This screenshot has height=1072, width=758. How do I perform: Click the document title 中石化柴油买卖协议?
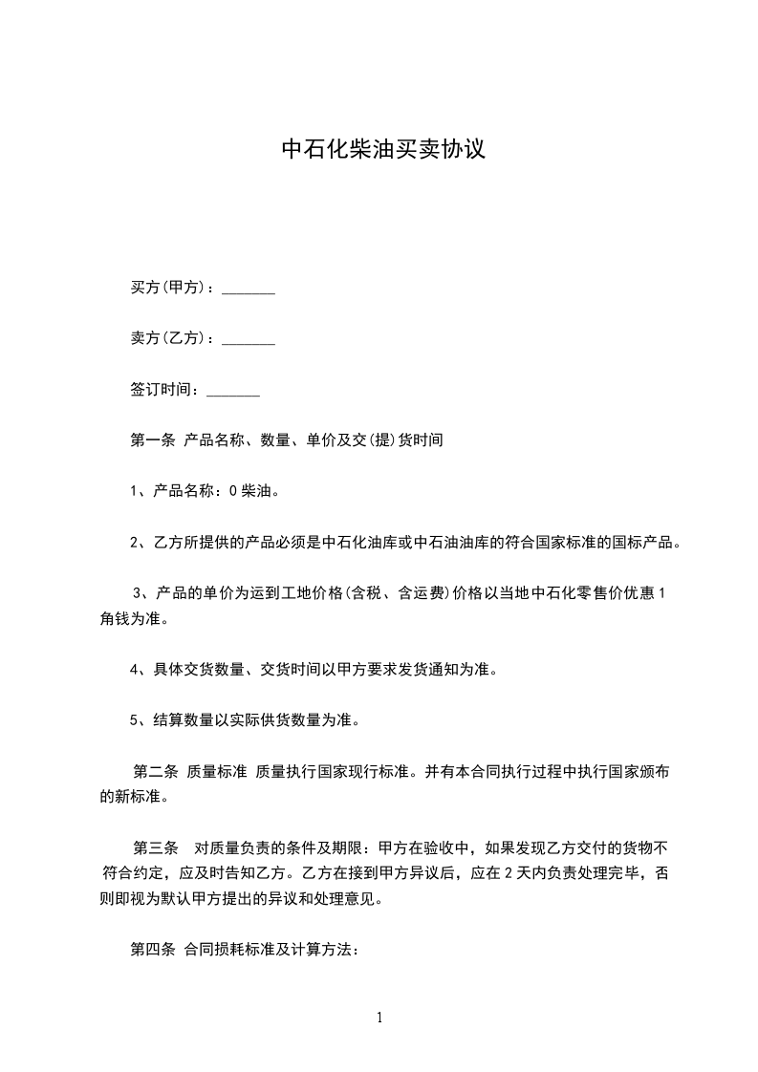(x=383, y=150)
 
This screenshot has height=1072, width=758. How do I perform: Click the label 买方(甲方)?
(x=169, y=288)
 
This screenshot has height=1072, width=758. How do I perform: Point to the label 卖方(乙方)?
(x=169, y=338)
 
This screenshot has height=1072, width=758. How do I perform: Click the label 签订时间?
(x=162, y=390)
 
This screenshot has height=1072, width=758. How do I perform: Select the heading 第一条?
(x=152, y=440)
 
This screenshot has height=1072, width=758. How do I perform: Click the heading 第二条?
(x=156, y=770)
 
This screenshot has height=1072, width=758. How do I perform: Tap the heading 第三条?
(x=156, y=847)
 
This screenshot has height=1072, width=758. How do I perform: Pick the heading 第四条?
(x=152, y=950)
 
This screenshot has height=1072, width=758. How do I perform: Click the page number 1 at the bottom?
(x=379, y=1018)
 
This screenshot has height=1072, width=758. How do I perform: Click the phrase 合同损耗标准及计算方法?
(x=267, y=950)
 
